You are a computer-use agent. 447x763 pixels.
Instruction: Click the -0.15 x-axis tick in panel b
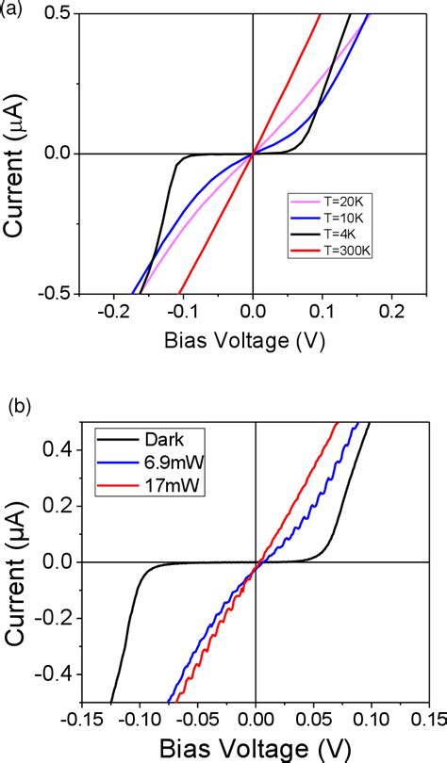click(81, 718)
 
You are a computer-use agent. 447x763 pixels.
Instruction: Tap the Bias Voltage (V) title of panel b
click(255, 746)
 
